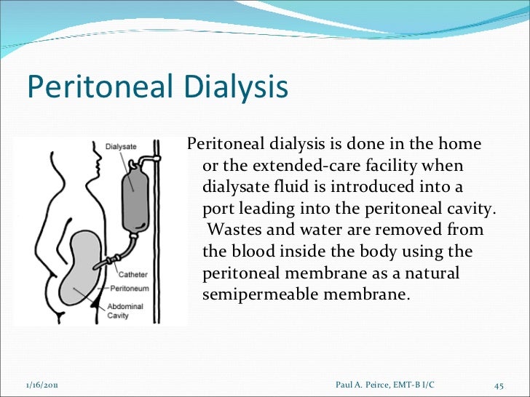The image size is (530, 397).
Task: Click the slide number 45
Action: point(499,385)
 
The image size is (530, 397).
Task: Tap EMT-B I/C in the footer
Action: point(420,385)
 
